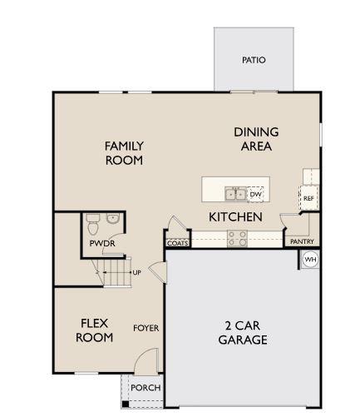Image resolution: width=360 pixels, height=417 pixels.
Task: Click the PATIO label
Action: [254, 60]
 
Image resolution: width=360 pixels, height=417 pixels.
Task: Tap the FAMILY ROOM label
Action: [124, 153]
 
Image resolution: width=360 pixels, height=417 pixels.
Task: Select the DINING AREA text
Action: [256, 139]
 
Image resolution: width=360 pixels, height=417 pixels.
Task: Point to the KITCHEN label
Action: [235, 216]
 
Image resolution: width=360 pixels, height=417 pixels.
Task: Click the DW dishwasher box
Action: [255, 194]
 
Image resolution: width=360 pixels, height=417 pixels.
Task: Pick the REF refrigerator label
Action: [308, 199]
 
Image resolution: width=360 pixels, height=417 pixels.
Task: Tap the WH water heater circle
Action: [310, 260]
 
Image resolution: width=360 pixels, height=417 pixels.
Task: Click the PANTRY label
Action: [302, 242]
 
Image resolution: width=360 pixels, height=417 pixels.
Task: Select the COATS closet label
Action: [177, 244]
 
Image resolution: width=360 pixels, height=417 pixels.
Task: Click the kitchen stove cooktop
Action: [236, 239]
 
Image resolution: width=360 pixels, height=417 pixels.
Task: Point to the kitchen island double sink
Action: [235, 195]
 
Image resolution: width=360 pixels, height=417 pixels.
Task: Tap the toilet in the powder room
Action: [93, 222]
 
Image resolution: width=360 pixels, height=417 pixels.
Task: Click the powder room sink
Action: [113, 220]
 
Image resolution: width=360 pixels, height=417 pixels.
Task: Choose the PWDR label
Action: [102, 243]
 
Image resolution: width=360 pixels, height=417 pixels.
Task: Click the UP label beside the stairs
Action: [136, 272]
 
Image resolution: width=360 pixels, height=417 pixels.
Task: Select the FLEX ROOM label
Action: [94, 330]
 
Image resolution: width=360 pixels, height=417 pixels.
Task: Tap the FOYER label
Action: [145, 328]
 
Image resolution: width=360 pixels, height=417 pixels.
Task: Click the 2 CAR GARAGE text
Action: [243, 333]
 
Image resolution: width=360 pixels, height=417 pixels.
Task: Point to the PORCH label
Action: [146, 388]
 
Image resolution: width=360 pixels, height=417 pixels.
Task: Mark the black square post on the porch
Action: [126, 405]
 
